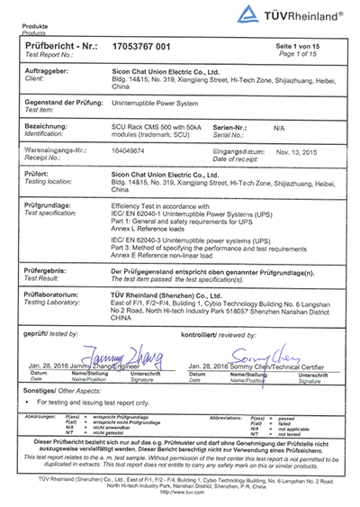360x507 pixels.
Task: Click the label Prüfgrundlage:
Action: [x=47, y=206]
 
